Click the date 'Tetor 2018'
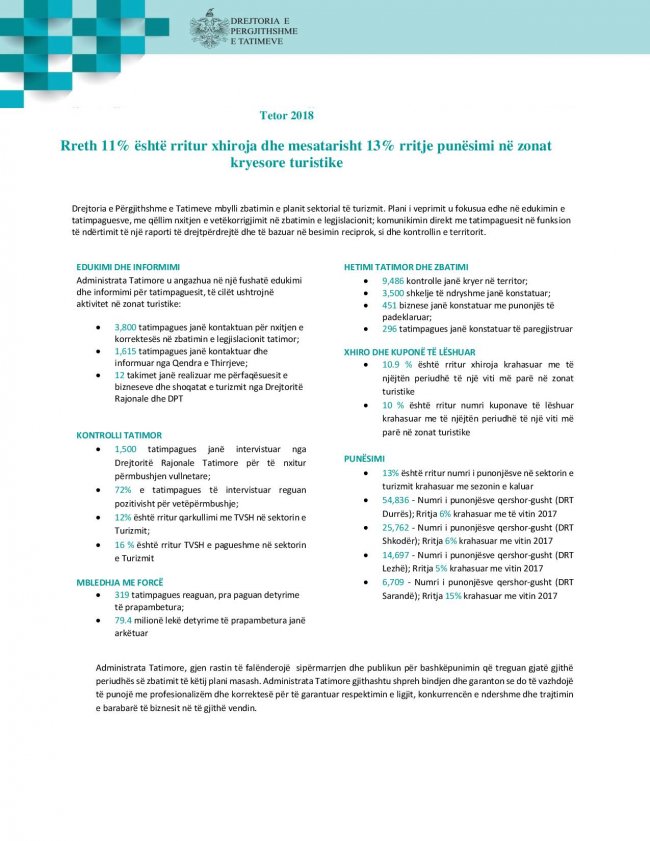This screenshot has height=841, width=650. pyautogui.click(x=286, y=115)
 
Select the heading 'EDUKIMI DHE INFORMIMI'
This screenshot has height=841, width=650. pyautogui.click(x=128, y=267)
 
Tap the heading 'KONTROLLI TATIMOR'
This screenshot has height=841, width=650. pyautogui.click(x=118, y=435)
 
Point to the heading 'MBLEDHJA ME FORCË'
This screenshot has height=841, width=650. pyautogui.click(x=119, y=581)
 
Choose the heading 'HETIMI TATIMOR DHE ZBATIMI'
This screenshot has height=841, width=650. pyautogui.click(x=405, y=267)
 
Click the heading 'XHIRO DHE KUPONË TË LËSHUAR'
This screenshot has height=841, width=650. pyautogui.click(x=409, y=352)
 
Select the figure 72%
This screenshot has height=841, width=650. pyautogui.click(x=122, y=491)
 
